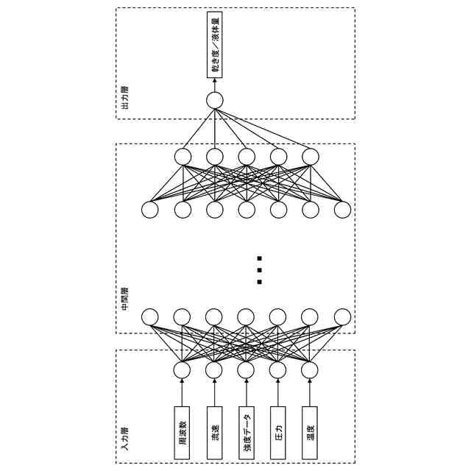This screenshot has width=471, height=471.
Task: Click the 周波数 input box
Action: point(182,433)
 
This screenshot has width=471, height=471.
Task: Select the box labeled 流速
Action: point(214,433)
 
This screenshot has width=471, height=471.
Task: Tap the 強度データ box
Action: point(247,433)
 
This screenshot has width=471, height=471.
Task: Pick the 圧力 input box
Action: point(278,433)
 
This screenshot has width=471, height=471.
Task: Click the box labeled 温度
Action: point(310,433)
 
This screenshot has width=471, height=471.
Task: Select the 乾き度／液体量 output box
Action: point(214,44)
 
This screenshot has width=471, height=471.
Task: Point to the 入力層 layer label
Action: point(124,439)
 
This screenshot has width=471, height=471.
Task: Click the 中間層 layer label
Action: point(124,299)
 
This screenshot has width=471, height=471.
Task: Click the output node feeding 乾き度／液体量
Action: point(214,101)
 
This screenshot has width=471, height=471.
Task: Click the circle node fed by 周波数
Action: point(182,369)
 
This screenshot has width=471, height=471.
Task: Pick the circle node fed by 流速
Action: point(214,369)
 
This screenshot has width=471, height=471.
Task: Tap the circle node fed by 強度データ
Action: point(246,369)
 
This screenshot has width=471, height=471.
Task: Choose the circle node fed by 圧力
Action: point(278,369)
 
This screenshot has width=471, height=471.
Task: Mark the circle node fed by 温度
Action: point(310,369)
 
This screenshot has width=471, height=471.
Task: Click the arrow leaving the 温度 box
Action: point(310,392)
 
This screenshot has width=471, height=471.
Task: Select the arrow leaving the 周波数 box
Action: point(182,392)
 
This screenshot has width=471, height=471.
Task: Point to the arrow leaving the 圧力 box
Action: point(278,392)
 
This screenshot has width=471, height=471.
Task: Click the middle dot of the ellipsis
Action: point(259,270)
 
